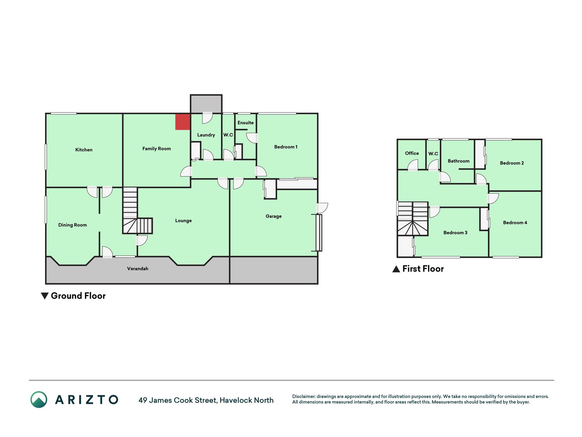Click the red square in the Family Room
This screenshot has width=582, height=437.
[183, 122]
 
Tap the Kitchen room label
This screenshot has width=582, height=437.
[84, 150]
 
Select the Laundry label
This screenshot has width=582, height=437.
[206, 135]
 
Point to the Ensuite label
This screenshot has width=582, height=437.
[245, 123]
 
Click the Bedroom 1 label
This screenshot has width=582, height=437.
[286, 147]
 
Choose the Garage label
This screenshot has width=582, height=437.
[273, 216]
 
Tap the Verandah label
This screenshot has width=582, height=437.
[138, 269]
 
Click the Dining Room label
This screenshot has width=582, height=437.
[73, 225]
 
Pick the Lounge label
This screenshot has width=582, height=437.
[183, 221]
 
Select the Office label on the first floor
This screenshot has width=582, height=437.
[412, 153]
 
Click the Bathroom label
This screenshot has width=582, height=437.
[459, 161]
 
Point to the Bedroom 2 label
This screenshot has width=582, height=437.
[512, 163]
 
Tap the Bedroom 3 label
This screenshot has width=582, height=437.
[455, 232]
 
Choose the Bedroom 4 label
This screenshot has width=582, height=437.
[515, 223]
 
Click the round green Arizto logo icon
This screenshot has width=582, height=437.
[39, 399]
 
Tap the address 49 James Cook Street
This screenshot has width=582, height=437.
[178, 400]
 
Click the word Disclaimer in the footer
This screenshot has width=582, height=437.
[304, 396]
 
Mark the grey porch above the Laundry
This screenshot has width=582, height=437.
[206, 104]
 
